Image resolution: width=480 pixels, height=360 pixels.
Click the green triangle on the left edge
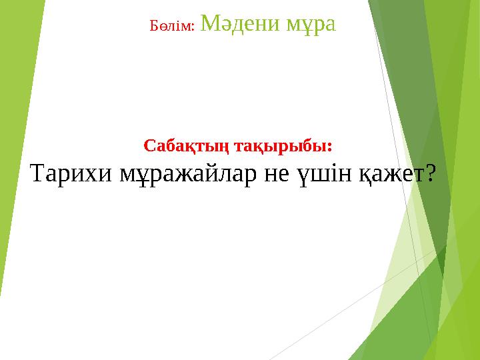pyautogui.click(x=10, y=133)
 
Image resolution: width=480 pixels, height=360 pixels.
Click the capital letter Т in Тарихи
pyautogui.click(x=39, y=174)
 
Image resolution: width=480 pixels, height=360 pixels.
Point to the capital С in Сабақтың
pyautogui.click(x=149, y=145)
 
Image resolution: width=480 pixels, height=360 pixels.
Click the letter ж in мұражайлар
pyautogui.click(x=175, y=175)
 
